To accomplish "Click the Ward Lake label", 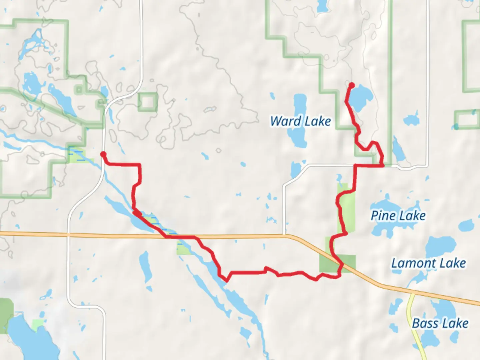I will [x=300, y=121].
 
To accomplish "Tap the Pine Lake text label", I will [x=398, y=216].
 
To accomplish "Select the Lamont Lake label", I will [x=428, y=263].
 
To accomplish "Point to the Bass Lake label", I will [x=440, y=323].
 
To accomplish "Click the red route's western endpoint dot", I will [x=103, y=154].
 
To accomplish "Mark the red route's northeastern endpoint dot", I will [x=351, y=85].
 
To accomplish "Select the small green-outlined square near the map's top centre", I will [x=148, y=102].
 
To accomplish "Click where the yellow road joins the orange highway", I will [x=413, y=293].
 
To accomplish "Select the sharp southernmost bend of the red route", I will [x=226, y=280].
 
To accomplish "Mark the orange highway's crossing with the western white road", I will [x=68, y=235].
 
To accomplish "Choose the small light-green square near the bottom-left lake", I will [x=38, y=325].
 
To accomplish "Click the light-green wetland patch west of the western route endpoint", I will [x=77, y=155].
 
